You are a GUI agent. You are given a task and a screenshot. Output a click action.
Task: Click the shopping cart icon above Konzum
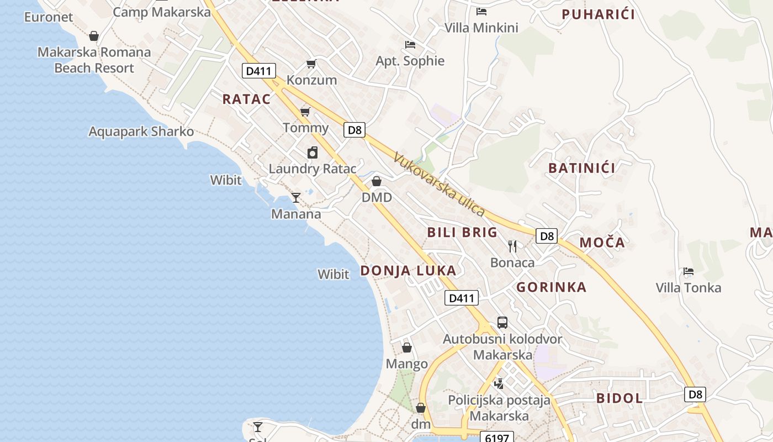[x=311, y=64]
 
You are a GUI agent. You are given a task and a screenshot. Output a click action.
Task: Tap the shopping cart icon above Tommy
[x=305, y=112]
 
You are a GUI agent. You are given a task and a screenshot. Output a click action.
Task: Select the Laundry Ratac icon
[x=313, y=152]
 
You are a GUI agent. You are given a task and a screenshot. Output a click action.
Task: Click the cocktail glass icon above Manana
[x=296, y=197]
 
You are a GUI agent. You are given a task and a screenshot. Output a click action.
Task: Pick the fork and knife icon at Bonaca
[x=512, y=246]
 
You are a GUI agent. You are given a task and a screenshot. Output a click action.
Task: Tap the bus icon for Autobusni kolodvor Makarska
[x=502, y=323]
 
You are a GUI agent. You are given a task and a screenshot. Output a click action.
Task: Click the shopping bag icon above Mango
[x=407, y=348]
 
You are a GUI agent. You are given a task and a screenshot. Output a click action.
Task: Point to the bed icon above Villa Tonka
[x=688, y=271]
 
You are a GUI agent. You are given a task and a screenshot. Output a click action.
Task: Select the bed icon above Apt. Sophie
[x=410, y=44]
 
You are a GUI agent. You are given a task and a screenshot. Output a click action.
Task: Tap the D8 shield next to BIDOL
[x=695, y=394]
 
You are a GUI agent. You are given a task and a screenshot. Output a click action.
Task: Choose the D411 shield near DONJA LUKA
[x=461, y=298]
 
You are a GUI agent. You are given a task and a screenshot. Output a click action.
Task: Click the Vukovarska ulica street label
[x=439, y=185]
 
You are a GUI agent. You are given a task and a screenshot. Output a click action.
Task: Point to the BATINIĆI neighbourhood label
[x=581, y=168]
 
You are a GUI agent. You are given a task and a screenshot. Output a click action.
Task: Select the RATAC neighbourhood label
[x=246, y=99]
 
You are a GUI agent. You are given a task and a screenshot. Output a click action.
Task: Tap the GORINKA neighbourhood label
[x=551, y=287]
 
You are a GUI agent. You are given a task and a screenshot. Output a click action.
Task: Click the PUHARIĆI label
[x=598, y=14]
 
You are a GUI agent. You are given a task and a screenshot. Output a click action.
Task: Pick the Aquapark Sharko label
[x=141, y=131]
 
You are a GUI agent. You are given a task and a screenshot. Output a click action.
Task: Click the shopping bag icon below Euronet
[x=94, y=36]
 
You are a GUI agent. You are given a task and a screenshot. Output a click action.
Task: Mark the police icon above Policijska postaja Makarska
[x=499, y=383]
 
